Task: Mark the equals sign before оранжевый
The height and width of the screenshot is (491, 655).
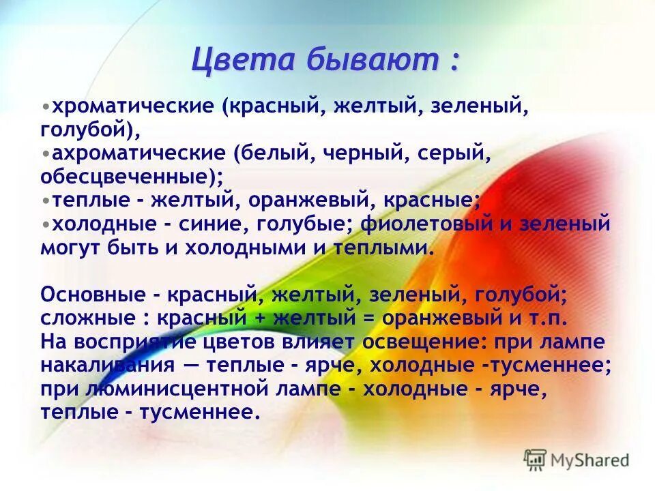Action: click(369, 318)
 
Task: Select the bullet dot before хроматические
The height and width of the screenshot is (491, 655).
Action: click(45, 107)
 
